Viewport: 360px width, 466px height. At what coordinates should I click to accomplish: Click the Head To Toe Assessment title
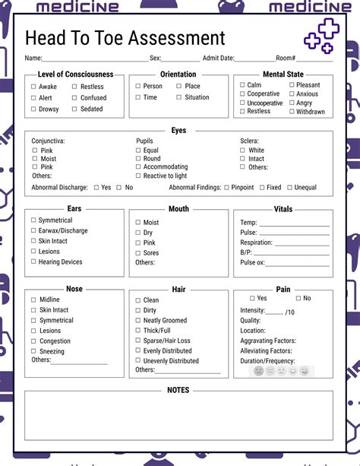pos(125,38)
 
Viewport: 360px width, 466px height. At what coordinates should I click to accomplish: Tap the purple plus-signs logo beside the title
pos(319,36)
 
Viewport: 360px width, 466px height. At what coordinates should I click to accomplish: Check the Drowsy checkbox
pos(33,109)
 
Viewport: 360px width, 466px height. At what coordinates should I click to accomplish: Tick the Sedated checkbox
pos(74,109)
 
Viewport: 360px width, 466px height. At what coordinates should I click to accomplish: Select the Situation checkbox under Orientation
pos(178,97)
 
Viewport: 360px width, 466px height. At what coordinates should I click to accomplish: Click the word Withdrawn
pos(311,112)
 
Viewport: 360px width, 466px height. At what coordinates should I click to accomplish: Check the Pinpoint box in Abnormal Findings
pos(226,187)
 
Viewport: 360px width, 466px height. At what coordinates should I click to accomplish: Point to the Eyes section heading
pos(178,131)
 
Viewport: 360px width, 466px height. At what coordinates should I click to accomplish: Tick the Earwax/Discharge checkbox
pos(33,230)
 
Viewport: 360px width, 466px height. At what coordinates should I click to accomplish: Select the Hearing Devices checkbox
pos(33,262)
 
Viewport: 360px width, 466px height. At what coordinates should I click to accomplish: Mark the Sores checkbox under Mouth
pos(138,253)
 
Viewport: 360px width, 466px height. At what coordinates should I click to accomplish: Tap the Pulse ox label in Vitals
pos(253,262)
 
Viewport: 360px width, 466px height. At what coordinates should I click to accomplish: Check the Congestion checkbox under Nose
pos(33,341)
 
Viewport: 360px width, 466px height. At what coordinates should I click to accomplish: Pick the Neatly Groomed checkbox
pos(138,321)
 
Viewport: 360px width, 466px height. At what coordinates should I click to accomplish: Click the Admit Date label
pos(218,59)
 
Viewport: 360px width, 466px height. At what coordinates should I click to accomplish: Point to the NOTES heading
pos(178,390)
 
